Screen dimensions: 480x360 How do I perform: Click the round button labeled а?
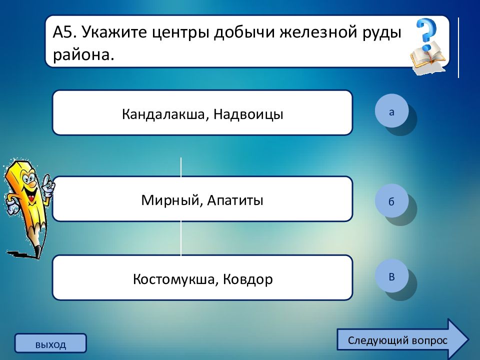(391, 111)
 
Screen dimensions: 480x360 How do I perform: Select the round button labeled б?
(391, 201)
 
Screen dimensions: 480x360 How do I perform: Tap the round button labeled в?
(391, 276)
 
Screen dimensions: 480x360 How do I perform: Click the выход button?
(50, 343)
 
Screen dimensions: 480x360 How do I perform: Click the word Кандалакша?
(163, 114)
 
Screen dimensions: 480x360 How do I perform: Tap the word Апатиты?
(235, 200)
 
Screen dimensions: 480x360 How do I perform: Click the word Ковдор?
(247, 279)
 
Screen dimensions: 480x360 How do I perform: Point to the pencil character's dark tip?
(37, 251)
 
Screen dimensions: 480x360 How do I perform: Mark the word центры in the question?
(180, 32)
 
